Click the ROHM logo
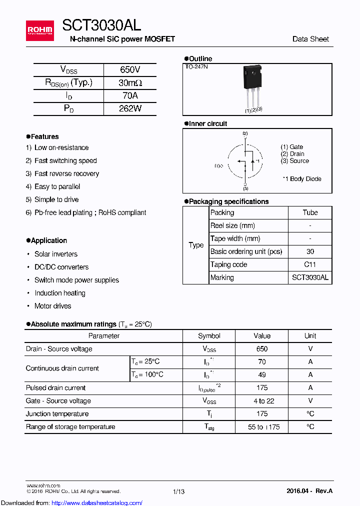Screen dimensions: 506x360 40,30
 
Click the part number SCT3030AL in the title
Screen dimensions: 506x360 101,24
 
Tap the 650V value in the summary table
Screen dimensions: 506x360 130,70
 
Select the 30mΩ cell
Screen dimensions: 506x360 130,83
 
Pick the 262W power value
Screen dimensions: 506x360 130,108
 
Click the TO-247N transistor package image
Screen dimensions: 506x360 252,85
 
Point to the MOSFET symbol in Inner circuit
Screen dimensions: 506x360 245,161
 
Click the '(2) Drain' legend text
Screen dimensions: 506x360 292,154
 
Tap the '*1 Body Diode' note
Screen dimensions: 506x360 301,179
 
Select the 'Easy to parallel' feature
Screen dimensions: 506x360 57,186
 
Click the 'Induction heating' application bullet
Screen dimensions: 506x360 60,293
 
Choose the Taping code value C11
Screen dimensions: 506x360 310,264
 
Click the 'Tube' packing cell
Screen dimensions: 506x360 310,212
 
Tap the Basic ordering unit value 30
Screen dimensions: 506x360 310,251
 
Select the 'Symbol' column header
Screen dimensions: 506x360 209,336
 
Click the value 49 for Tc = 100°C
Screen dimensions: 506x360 262,374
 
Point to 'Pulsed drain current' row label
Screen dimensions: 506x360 55,387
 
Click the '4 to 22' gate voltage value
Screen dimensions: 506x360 262,400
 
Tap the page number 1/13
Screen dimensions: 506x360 178,491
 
